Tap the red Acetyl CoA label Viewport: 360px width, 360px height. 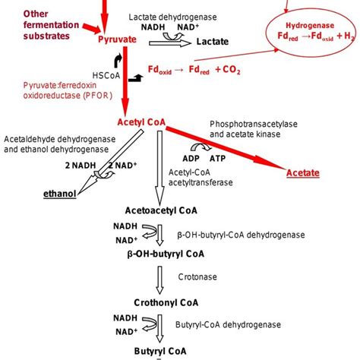click(x=138, y=122)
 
